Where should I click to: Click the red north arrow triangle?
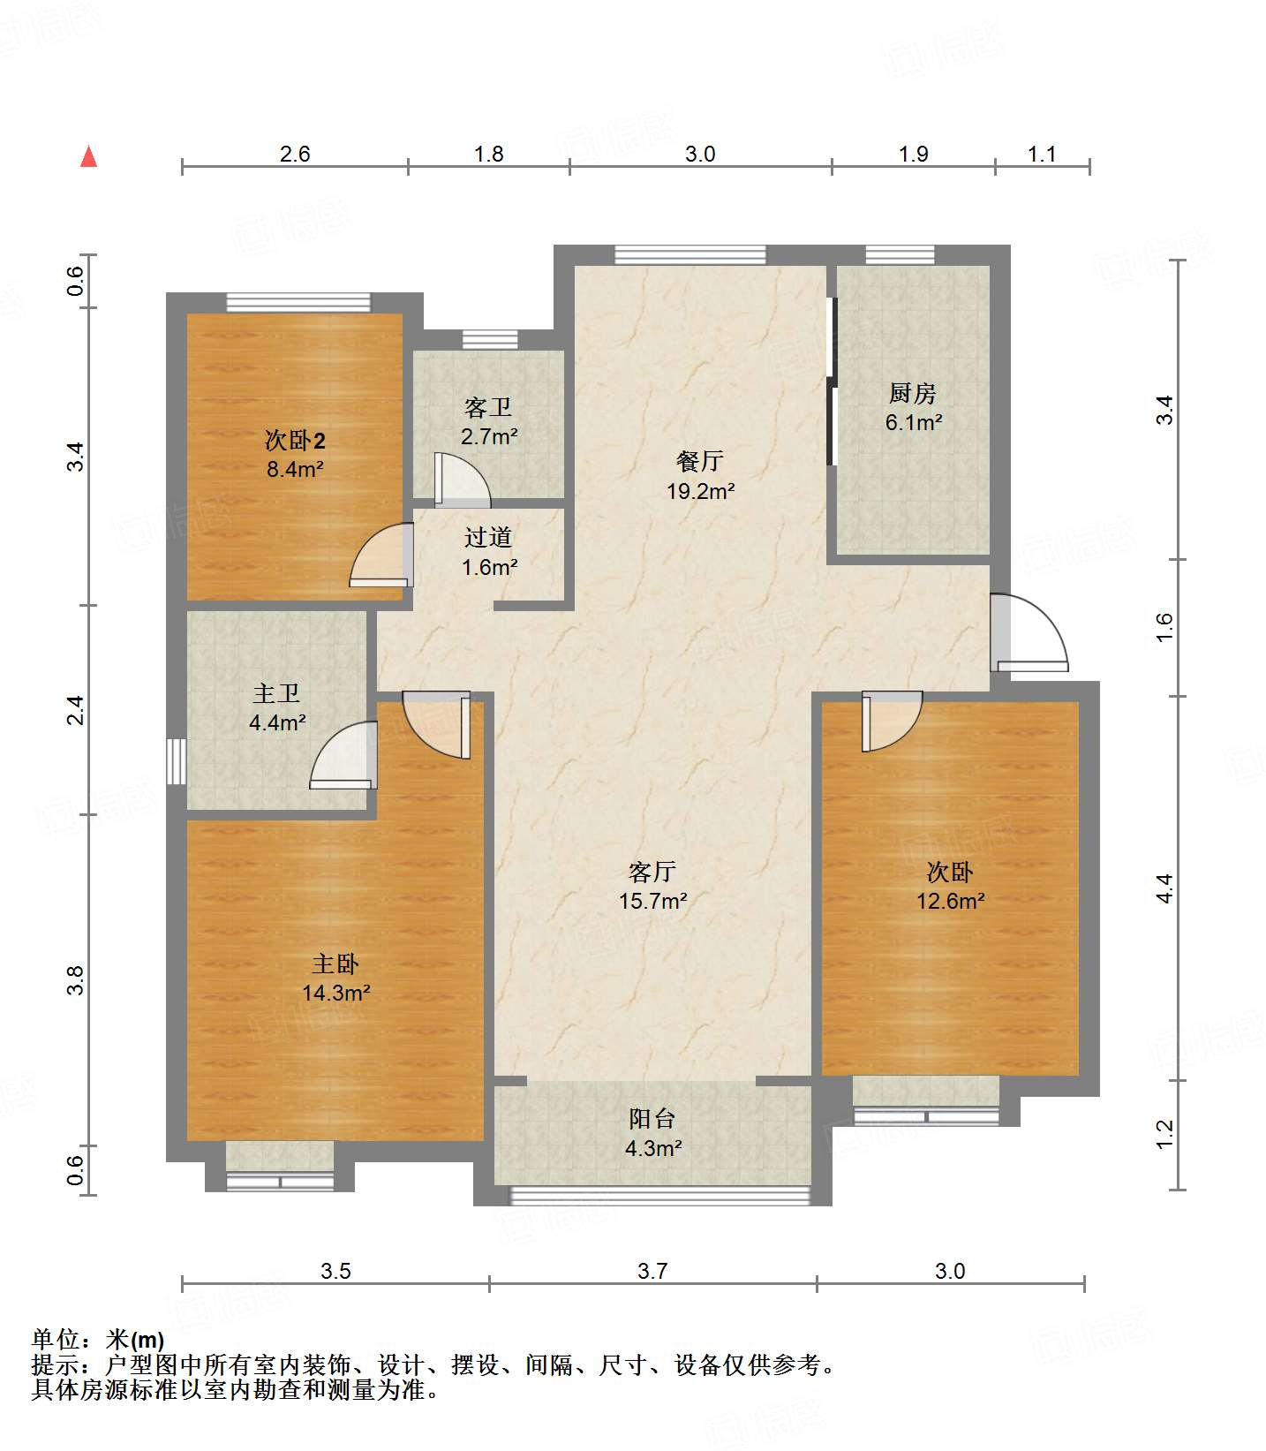(88, 157)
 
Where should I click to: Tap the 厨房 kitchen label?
(912, 393)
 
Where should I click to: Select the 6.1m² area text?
(914, 423)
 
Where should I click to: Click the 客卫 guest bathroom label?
(488, 407)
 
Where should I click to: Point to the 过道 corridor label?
(488, 537)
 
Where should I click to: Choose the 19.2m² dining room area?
(700, 491)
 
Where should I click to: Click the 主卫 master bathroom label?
(276, 694)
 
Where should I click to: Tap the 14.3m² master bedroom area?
(335, 994)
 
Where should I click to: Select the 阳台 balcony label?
(652, 1119)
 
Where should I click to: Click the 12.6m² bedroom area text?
(950, 902)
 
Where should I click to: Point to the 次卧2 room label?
(295, 440)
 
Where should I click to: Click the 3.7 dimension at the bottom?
(652, 1271)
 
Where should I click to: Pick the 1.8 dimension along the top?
(488, 155)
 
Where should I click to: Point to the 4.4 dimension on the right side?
(1164, 888)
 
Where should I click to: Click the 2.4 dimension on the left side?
(77, 710)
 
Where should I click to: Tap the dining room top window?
(690, 254)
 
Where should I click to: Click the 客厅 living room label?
(652, 872)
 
